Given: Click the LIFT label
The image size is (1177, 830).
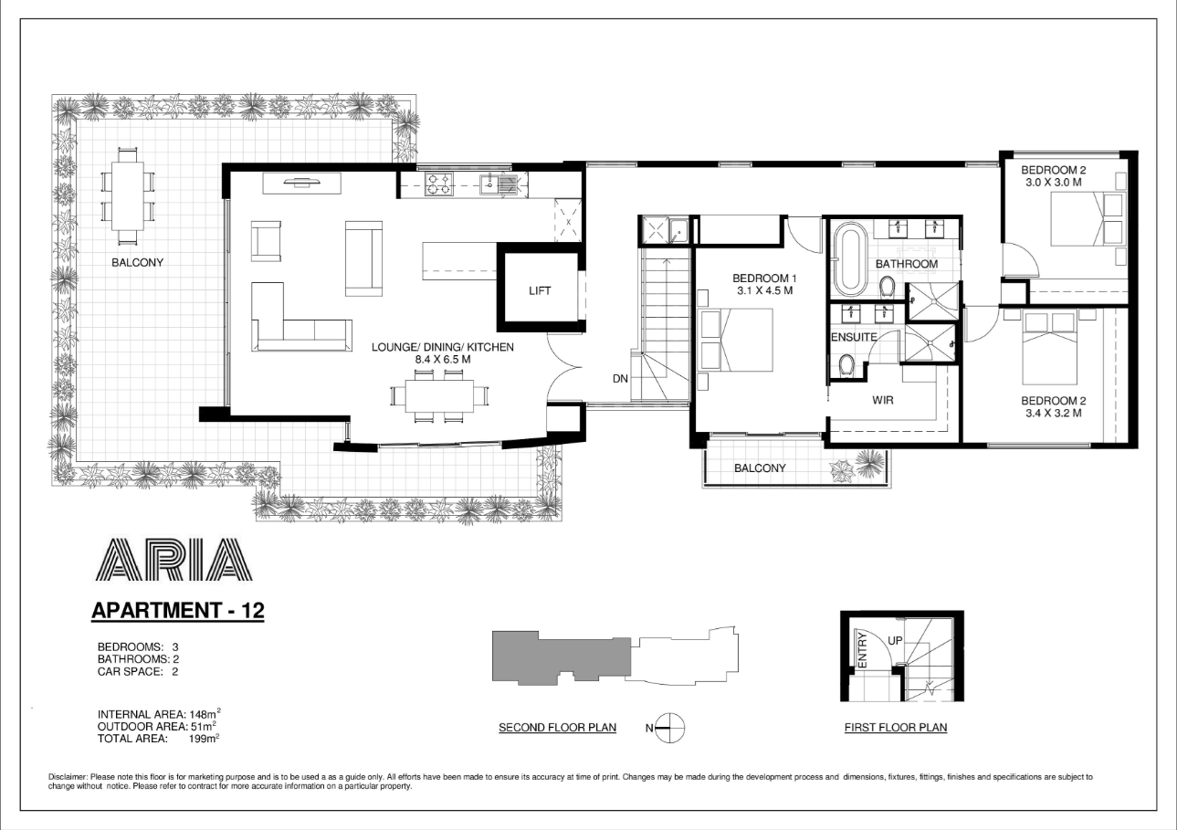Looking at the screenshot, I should click(540, 291).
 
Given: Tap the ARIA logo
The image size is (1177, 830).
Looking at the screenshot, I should click(173, 561).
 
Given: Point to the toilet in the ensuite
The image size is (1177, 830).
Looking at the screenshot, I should click(846, 367).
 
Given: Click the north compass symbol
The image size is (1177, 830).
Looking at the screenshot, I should click(670, 728).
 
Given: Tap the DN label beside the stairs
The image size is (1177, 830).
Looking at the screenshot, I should click(620, 378).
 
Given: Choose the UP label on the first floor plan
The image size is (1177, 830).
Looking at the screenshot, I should click(895, 641).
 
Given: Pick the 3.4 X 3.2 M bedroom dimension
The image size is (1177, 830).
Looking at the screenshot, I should click(1051, 413).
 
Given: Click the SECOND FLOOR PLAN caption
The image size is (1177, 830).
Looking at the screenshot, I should click(557, 728).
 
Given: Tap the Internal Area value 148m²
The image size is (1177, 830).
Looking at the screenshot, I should click(203, 714).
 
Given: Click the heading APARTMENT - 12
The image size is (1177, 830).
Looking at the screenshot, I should click(178, 610).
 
